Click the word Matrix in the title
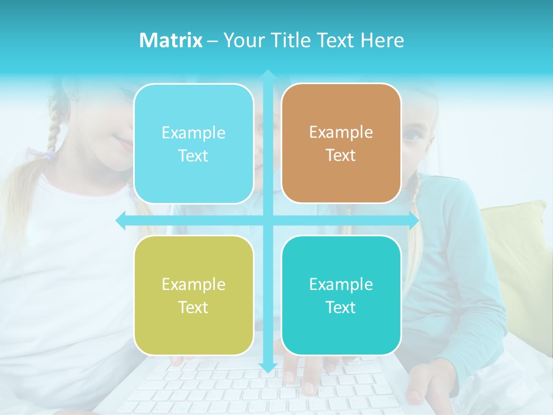(x=171, y=40)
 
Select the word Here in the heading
(x=382, y=40)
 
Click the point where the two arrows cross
(x=268, y=221)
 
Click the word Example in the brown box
(x=341, y=133)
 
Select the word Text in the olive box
(x=194, y=307)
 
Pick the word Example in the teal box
(x=341, y=284)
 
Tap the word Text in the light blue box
(x=194, y=156)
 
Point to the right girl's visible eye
(x=411, y=135)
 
